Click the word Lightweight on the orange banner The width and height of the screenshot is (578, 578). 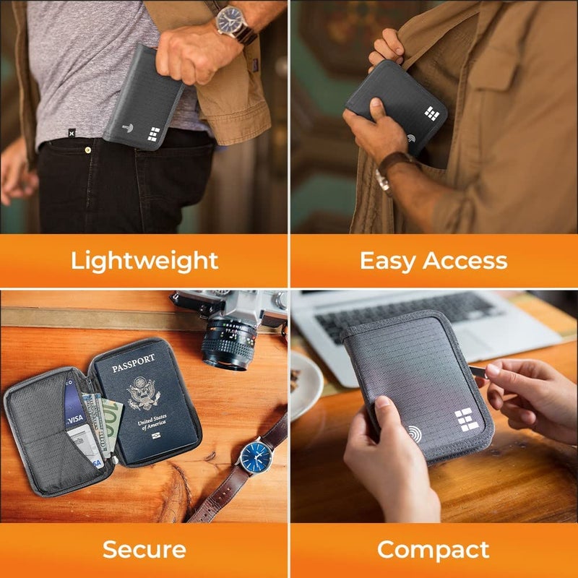click(144, 260)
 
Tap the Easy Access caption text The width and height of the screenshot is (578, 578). click(433, 260)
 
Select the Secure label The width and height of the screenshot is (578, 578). click(144, 549)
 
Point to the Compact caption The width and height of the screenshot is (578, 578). click(433, 549)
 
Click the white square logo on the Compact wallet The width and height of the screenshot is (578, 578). click(464, 420)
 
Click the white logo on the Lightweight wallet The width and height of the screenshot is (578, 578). click(154, 134)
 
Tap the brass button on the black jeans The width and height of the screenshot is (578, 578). click(88, 150)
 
